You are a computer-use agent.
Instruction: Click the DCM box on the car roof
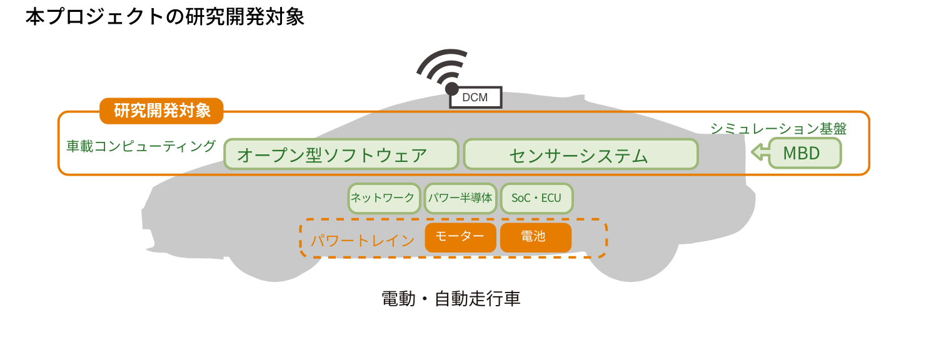(x=476, y=97)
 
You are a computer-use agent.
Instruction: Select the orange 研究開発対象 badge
(x=161, y=111)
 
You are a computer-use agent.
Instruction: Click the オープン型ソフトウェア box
(x=341, y=154)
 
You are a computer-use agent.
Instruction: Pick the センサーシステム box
(x=581, y=154)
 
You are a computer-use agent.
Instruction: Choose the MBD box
(x=805, y=153)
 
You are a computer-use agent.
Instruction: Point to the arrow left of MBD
(x=760, y=152)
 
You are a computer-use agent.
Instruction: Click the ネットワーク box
(x=384, y=198)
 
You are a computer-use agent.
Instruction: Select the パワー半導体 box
(x=460, y=198)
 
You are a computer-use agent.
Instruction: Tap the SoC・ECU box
(x=537, y=198)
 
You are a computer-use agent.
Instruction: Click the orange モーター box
(x=460, y=237)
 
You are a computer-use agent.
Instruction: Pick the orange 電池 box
(x=536, y=237)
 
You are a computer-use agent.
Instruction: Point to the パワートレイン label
(x=362, y=241)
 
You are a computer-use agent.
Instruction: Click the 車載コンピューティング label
(x=141, y=146)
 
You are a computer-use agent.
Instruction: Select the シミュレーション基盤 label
(x=778, y=129)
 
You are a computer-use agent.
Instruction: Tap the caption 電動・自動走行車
(x=451, y=299)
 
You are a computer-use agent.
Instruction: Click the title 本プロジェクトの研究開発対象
(x=165, y=17)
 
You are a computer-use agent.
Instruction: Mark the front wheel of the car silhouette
(x=274, y=261)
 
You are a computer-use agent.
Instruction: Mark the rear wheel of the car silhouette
(x=631, y=261)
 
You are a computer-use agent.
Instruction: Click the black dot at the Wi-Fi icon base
(x=451, y=89)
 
